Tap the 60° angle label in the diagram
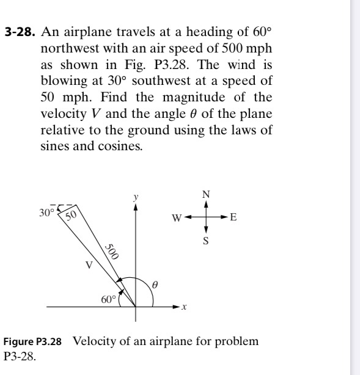point(108,300)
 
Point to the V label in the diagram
point(89,266)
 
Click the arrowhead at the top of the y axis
point(135,206)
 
